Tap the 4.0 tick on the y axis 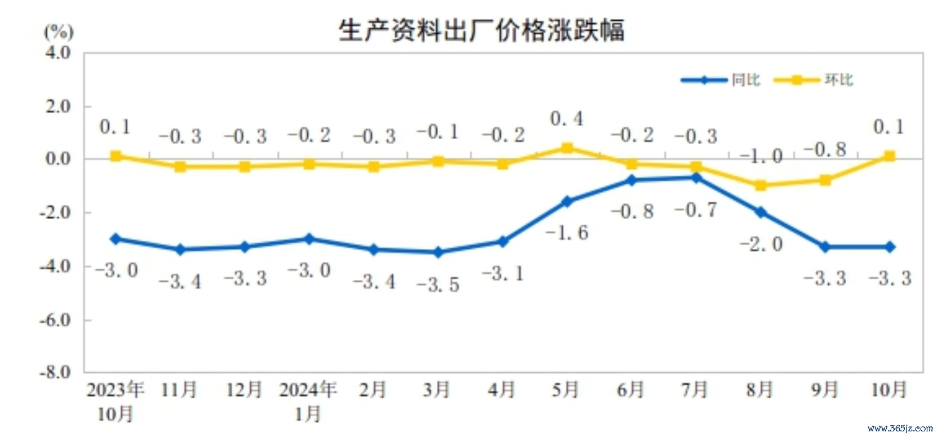click(x=58, y=53)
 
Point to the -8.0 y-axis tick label click(x=56, y=372)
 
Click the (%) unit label click(x=59, y=32)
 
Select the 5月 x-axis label click(x=565, y=389)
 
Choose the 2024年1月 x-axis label click(x=308, y=401)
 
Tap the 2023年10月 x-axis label click(x=115, y=401)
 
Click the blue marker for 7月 click(x=696, y=178)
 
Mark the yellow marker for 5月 click(x=567, y=148)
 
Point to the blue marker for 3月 click(x=438, y=252)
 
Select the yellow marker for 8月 click(x=761, y=185)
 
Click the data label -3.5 click(x=438, y=284)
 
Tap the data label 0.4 click(x=567, y=119)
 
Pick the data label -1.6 click(x=567, y=232)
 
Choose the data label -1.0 click(x=761, y=156)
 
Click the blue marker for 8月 click(x=761, y=212)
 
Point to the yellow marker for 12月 click(x=245, y=167)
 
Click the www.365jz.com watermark click(x=900, y=428)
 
